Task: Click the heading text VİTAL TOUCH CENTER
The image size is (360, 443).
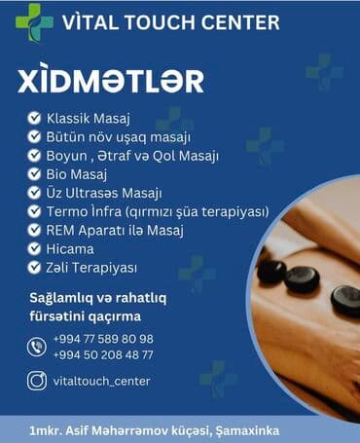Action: [173, 21]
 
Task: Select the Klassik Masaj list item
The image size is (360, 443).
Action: [89, 119]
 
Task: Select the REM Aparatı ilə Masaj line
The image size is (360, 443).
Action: [115, 230]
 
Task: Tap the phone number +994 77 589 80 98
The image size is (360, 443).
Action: [105, 338]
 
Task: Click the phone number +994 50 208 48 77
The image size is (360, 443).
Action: [105, 354]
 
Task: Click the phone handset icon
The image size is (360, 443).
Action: [37, 346]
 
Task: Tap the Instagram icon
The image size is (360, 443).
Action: [37, 381]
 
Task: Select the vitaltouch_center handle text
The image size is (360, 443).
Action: [103, 381]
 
